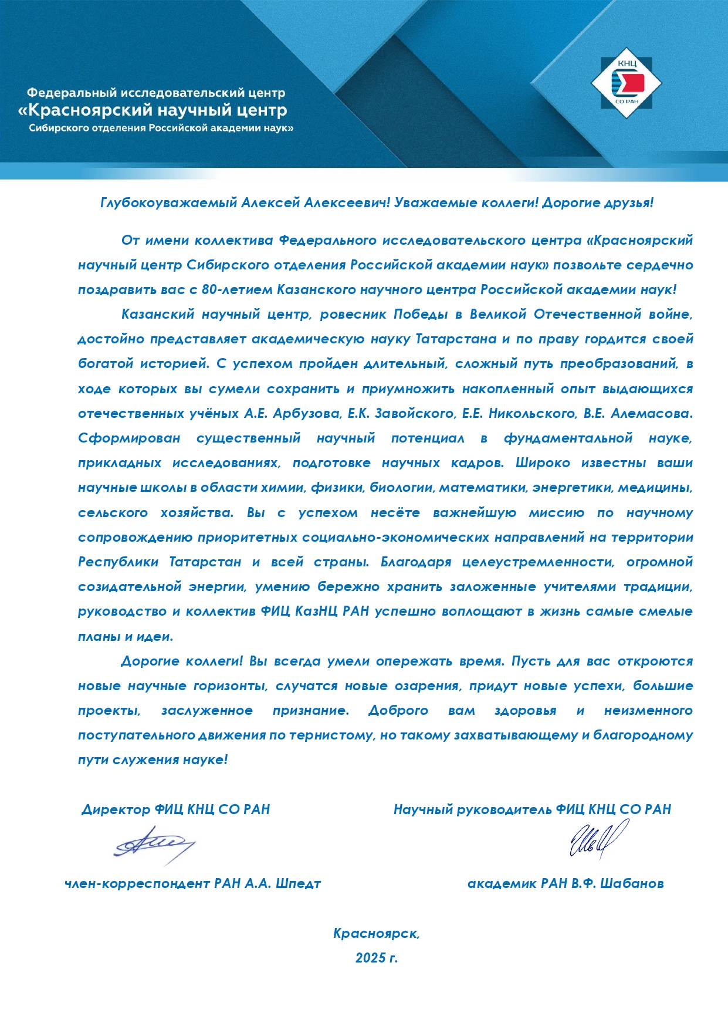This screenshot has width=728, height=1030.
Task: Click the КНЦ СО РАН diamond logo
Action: point(627,83)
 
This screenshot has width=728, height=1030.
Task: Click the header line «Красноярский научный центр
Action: point(153,110)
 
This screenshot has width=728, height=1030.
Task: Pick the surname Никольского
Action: point(530,414)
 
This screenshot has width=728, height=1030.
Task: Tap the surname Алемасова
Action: point(651,414)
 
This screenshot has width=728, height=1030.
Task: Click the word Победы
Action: point(420,315)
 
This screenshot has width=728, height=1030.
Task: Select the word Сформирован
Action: point(128,438)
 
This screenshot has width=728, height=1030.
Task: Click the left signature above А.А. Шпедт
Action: point(154,844)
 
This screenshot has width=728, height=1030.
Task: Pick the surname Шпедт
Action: point(298,884)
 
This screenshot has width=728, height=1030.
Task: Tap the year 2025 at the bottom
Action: point(370,958)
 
